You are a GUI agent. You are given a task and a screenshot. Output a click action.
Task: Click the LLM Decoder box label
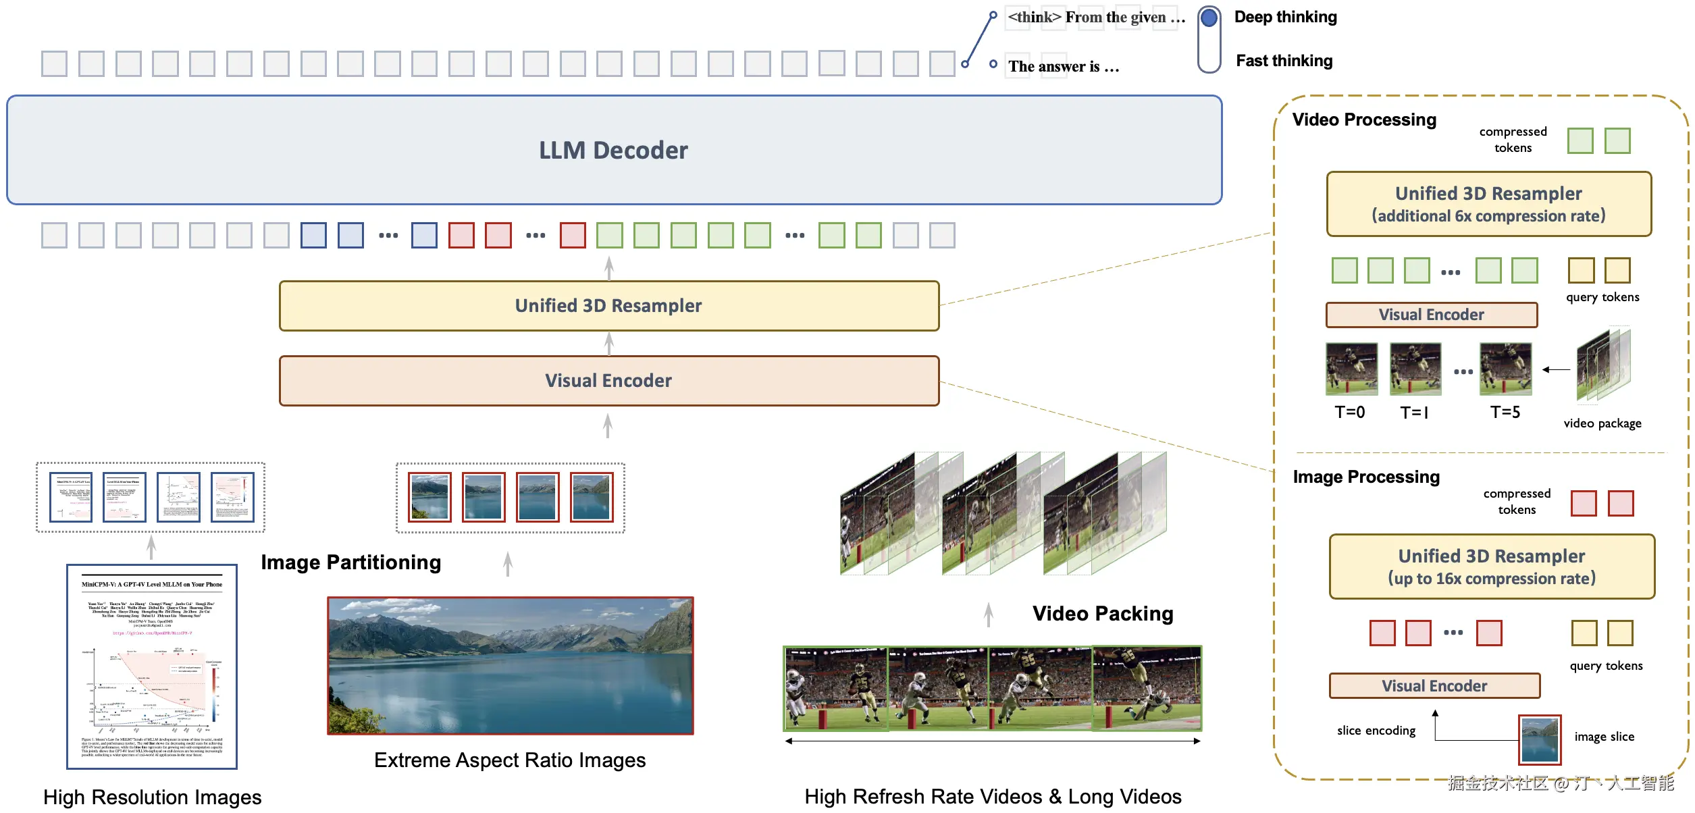[613, 150]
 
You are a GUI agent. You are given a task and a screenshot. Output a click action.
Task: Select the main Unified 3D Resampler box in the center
[608, 306]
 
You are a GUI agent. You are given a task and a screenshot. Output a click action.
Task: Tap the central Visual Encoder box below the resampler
[608, 381]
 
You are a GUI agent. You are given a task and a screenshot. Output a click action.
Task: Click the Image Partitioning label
[350, 562]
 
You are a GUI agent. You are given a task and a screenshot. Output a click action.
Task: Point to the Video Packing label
[1102, 614]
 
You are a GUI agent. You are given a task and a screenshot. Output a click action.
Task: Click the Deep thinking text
[1285, 17]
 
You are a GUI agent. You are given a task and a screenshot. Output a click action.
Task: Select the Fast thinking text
[1284, 61]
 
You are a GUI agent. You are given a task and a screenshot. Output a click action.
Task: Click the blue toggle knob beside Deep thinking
[1209, 18]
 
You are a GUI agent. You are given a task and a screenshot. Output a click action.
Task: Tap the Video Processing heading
[1364, 120]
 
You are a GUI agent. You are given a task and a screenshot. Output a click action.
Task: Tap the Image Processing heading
[1365, 477]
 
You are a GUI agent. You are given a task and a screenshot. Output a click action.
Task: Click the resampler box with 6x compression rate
[1488, 204]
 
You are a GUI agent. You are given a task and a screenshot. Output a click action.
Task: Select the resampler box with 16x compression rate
[1491, 567]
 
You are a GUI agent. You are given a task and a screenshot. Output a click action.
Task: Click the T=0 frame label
[1349, 412]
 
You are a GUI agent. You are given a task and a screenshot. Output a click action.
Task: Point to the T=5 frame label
[1505, 412]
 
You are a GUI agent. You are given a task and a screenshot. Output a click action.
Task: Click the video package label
[1602, 423]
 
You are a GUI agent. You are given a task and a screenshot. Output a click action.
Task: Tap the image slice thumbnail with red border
[1539, 739]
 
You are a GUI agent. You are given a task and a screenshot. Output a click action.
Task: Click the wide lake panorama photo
[510, 666]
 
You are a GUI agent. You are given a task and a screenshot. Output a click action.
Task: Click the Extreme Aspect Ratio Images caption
[510, 760]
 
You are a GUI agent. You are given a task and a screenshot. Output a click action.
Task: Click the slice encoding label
[1376, 731]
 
